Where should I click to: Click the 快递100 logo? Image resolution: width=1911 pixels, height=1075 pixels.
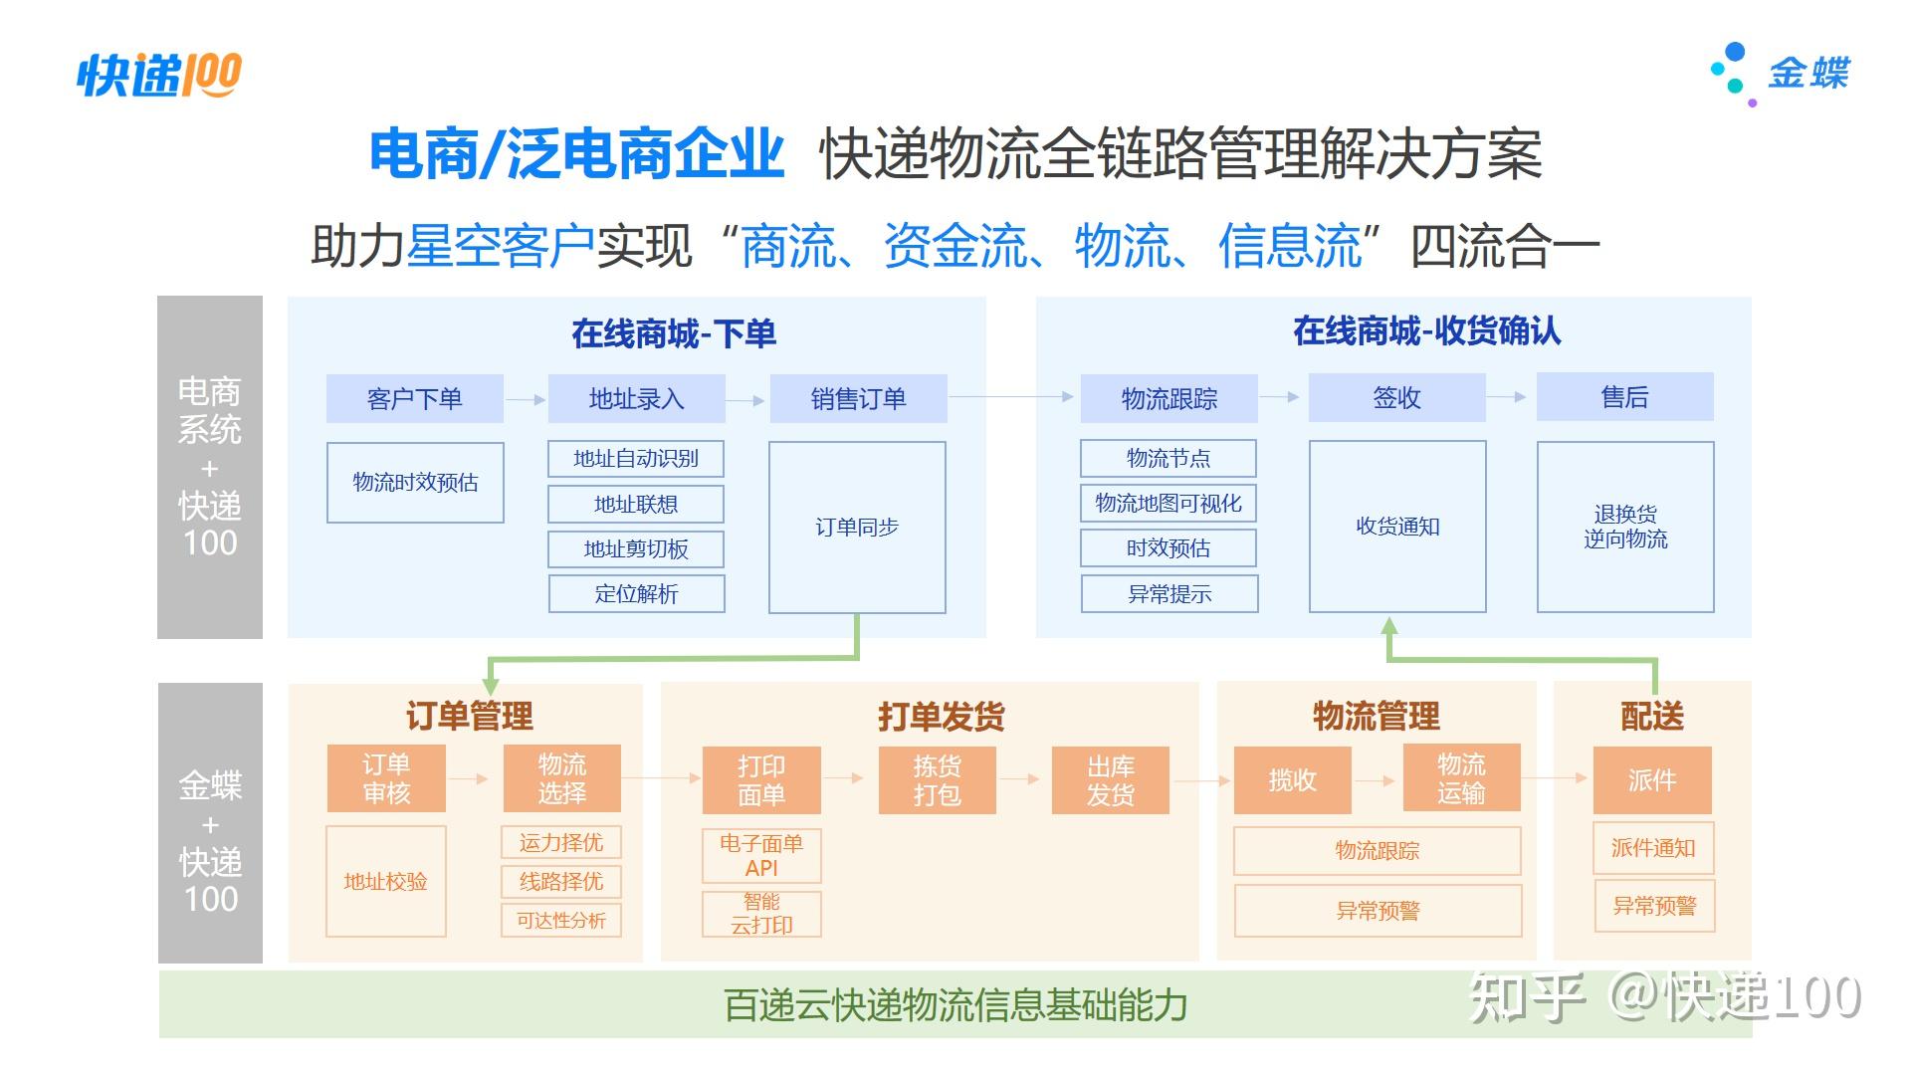coord(159,75)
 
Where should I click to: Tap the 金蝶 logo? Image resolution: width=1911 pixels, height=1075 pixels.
coord(1780,74)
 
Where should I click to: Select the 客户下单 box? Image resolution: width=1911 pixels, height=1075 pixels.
coord(415,399)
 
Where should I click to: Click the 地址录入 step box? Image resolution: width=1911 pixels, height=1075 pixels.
coord(636,399)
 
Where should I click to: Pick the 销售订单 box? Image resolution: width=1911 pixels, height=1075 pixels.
coord(858,399)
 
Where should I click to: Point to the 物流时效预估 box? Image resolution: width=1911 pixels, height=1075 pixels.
coord(415,483)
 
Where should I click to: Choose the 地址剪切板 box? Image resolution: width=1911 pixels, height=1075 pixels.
coord(636,549)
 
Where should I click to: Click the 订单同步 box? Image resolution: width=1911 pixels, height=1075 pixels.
coord(857,528)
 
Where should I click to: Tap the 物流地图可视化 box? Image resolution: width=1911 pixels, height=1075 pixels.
coord(1168,504)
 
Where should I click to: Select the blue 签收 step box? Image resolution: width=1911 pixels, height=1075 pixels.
coord(1396,398)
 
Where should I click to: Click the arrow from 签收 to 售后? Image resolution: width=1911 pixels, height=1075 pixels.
coord(1511,397)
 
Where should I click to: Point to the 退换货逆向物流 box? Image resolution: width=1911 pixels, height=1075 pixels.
coord(1625,527)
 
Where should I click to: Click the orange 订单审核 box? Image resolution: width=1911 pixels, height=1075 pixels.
coord(386,778)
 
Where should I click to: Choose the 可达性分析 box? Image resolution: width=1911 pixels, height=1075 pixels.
coord(561,921)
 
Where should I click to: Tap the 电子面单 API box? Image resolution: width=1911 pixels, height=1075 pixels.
coord(761,856)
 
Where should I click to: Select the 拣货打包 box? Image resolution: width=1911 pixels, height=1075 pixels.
coord(937,780)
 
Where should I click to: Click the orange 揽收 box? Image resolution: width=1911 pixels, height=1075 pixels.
coord(1292,780)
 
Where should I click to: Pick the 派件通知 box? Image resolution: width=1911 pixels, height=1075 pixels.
coord(1653,848)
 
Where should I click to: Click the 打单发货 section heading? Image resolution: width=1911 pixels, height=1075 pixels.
coord(941,717)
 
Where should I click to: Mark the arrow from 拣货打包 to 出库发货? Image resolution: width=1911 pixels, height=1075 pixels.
coord(1019,778)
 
